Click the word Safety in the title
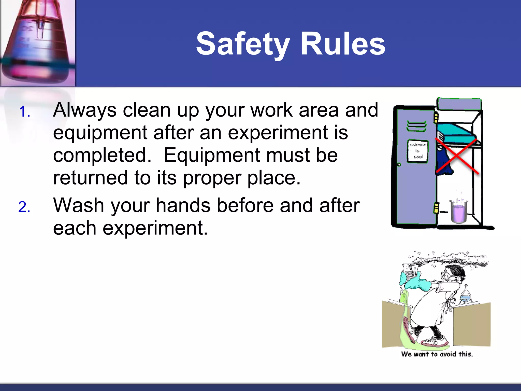tap(243, 44)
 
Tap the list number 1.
tap(24, 112)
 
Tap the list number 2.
tap(24, 207)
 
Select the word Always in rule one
tap(85, 110)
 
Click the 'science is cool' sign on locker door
tap(418, 151)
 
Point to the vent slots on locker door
tap(416, 126)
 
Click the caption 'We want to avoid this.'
tap(437, 354)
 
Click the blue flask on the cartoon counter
tap(465, 295)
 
